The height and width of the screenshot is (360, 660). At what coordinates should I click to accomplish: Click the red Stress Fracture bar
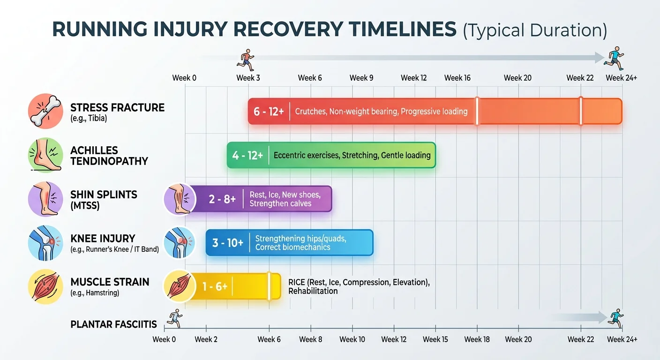pyautogui.click(x=435, y=112)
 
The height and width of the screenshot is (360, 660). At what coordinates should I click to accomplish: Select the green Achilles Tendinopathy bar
pyautogui.click(x=331, y=155)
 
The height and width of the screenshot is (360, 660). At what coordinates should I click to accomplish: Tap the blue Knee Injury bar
pyautogui.click(x=289, y=243)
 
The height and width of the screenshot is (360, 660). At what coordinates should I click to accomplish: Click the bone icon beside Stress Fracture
pyautogui.click(x=45, y=111)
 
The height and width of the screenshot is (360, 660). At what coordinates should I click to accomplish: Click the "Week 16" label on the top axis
pyautogui.click(x=457, y=78)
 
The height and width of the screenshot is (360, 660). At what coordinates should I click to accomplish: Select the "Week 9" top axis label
pyautogui.click(x=361, y=78)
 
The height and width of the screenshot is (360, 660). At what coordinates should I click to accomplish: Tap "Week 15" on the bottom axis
pyautogui.click(x=435, y=339)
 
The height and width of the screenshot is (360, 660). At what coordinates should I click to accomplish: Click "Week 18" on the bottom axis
pyautogui.click(x=477, y=339)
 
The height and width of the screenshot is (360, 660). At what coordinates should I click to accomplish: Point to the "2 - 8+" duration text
pyautogui.click(x=222, y=199)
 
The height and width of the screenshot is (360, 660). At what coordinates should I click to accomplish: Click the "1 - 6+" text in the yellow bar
pyautogui.click(x=215, y=286)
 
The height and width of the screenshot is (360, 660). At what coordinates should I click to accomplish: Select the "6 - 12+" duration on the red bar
pyautogui.click(x=269, y=112)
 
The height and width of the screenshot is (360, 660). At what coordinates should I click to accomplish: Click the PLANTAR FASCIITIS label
pyautogui.click(x=113, y=325)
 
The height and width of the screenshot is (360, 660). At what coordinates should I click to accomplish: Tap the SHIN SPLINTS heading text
pyautogui.click(x=104, y=195)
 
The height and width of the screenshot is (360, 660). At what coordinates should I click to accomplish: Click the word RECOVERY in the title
pyautogui.click(x=288, y=29)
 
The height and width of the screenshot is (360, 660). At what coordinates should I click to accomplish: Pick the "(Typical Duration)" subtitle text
pyautogui.click(x=535, y=30)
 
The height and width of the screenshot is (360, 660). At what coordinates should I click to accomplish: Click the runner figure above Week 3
pyautogui.click(x=246, y=60)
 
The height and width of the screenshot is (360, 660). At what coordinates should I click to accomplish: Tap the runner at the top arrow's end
pyautogui.click(x=614, y=58)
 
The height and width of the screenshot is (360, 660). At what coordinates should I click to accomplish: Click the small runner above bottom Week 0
pyautogui.click(x=175, y=318)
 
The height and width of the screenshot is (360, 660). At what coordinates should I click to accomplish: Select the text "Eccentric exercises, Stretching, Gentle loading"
pyautogui.click(x=352, y=155)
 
